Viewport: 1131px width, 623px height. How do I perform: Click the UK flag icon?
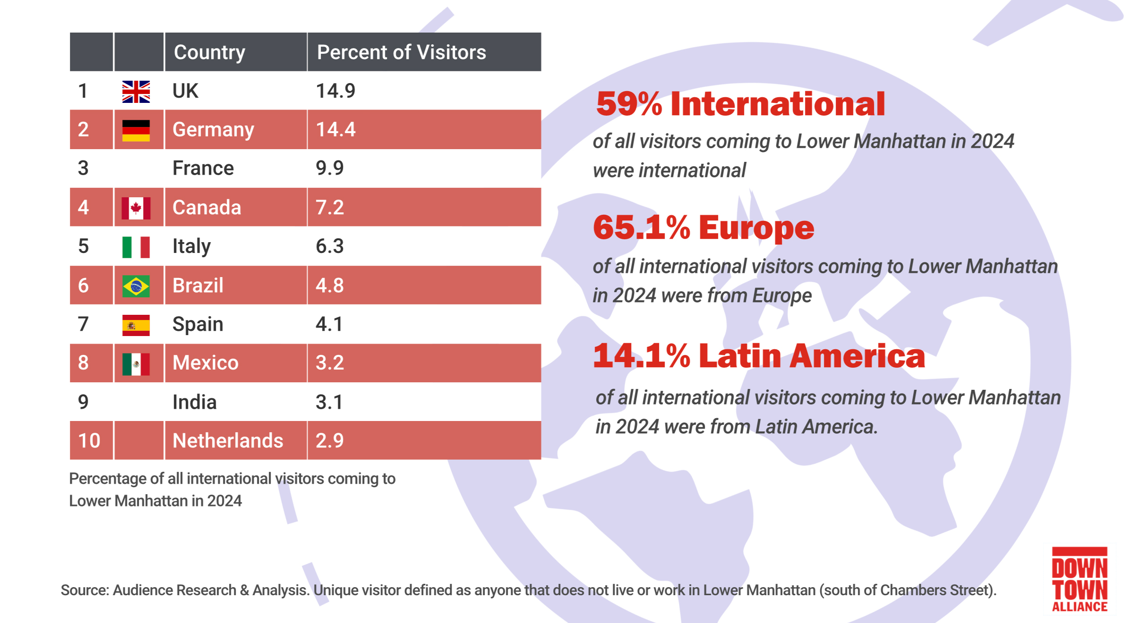tap(136, 92)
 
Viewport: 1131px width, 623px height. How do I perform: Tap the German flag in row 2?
tap(136, 130)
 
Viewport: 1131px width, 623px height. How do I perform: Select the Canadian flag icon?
tap(136, 208)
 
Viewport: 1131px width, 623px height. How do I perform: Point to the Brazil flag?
tap(136, 286)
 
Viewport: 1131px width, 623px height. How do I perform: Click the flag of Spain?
tap(136, 325)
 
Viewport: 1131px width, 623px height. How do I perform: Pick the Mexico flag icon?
tap(136, 364)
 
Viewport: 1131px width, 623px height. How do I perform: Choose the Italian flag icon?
tap(136, 247)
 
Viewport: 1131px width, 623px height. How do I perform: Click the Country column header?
tap(209, 52)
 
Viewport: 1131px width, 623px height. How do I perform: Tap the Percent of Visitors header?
tap(401, 52)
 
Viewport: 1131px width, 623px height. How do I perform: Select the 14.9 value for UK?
tap(335, 91)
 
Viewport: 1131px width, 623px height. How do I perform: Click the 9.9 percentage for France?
tap(330, 168)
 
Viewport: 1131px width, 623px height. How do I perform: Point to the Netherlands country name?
tap(228, 441)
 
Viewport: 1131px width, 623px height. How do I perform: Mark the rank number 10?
tap(89, 441)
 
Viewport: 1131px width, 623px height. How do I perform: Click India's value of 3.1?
tap(329, 402)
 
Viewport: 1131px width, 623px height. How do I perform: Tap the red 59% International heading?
tap(740, 104)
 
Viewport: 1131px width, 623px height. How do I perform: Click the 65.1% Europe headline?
tap(703, 228)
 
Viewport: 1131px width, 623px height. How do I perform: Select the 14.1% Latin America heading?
tap(759, 356)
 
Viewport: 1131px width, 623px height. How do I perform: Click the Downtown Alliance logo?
tap(1080, 580)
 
